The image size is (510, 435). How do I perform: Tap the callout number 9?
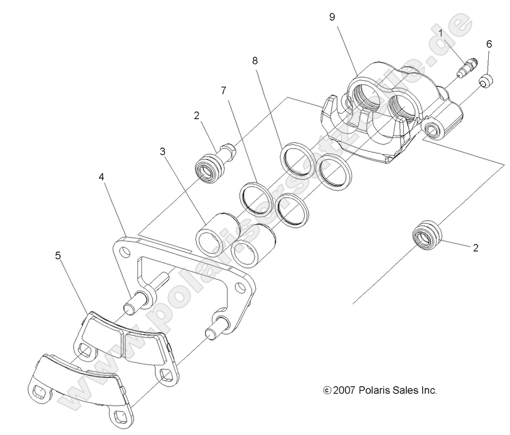[332, 17]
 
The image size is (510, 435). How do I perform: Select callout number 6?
[489, 44]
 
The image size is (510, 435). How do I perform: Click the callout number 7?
[223, 90]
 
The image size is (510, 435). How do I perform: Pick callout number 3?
[163, 152]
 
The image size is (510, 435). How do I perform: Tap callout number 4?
[101, 176]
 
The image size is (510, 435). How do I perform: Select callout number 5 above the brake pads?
[58, 255]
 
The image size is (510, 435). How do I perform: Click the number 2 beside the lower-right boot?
[476, 248]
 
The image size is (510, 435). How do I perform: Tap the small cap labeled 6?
[486, 81]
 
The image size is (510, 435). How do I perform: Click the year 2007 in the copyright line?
[344, 390]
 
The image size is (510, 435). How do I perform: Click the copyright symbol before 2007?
[327, 391]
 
